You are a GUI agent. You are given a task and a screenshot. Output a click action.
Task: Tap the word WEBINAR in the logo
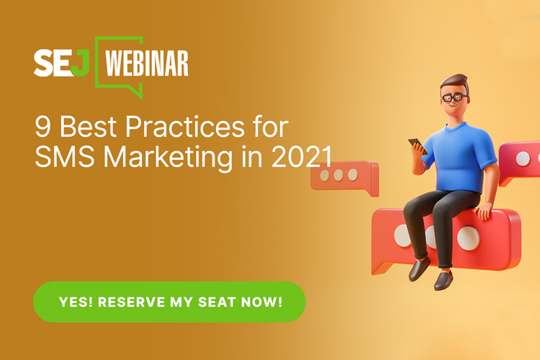tap(147, 63)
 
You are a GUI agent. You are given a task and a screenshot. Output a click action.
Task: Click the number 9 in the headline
tap(42, 127)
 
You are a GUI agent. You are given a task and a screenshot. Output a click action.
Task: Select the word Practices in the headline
tap(185, 127)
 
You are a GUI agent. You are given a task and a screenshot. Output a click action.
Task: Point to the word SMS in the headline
tap(65, 156)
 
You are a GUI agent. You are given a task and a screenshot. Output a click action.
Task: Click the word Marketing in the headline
tap(168, 158)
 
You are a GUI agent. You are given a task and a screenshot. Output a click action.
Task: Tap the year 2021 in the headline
tap(302, 157)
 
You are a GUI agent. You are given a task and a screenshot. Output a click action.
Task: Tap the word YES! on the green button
tap(76, 302)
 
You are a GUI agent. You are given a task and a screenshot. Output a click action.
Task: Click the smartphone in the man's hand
tap(418, 145)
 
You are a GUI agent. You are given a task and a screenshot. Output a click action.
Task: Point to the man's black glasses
tap(454, 97)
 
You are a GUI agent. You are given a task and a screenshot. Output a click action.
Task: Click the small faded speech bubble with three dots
tap(345, 178)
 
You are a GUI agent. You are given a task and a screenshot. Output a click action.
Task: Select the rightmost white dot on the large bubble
tap(469, 238)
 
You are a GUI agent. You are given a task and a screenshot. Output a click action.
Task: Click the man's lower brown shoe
tap(444, 280)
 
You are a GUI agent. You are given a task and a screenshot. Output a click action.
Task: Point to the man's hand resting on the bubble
tap(485, 211)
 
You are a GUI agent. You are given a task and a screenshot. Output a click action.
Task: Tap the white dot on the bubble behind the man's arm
tap(523, 158)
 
